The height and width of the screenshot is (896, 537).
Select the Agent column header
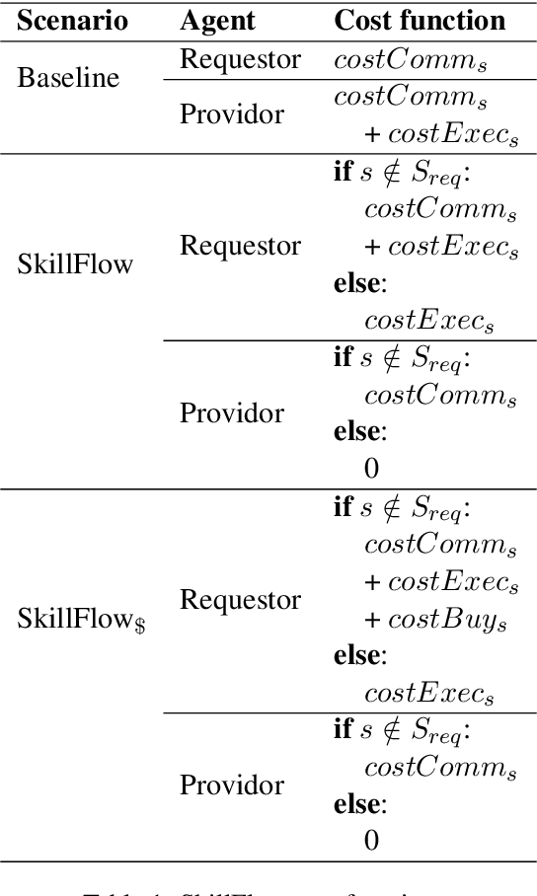(x=217, y=20)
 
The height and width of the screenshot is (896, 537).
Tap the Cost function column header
(x=421, y=20)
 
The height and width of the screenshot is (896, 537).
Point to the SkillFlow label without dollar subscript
(x=75, y=264)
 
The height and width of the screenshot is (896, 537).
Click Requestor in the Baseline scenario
(x=240, y=58)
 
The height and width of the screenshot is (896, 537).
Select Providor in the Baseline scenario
(x=232, y=114)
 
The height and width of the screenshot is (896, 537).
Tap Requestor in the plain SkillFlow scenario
(x=240, y=245)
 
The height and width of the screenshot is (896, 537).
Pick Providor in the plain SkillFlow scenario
(x=232, y=412)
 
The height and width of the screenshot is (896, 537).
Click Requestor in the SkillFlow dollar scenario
(x=240, y=599)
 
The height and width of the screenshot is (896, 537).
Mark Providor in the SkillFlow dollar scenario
(x=232, y=785)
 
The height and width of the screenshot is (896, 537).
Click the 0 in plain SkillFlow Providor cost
(x=371, y=468)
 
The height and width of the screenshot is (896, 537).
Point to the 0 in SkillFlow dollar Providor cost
(x=371, y=841)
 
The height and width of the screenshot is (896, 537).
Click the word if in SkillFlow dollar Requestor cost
(x=342, y=507)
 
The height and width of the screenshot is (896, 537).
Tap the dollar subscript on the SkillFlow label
(x=143, y=625)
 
